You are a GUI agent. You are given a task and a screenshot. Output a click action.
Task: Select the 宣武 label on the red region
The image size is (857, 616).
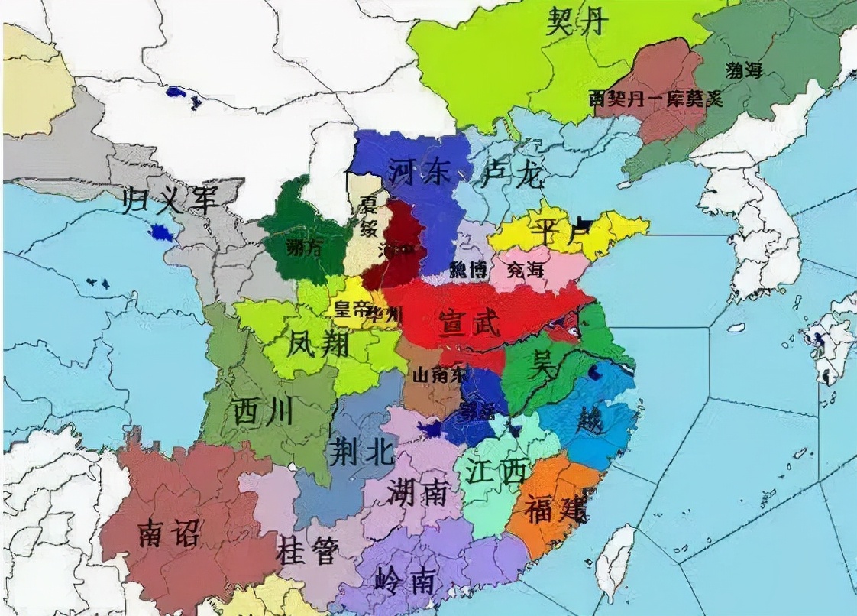[468, 325]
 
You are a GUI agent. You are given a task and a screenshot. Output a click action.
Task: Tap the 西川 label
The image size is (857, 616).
[263, 413]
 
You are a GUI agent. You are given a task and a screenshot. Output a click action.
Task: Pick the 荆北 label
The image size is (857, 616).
[361, 453]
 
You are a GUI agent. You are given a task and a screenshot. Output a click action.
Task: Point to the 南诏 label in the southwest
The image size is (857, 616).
[170, 533]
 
